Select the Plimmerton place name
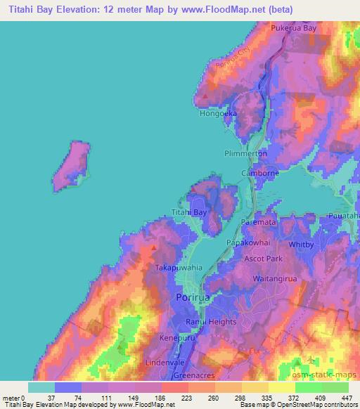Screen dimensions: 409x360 (x=245, y=153)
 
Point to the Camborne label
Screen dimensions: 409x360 (x=260, y=173)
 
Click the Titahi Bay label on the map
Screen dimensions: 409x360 (x=190, y=212)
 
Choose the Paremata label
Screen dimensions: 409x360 (x=259, y=221)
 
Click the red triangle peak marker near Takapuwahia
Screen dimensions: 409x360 (x=154, y=247)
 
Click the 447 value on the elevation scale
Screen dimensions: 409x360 (x=347, y=398)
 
